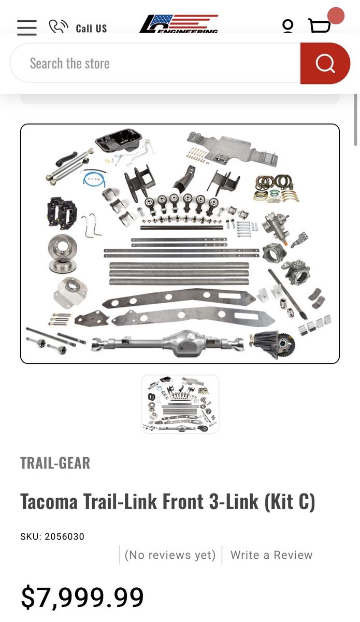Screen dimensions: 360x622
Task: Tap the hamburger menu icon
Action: pos(26,27)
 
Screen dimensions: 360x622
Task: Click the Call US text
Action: pos(91,29)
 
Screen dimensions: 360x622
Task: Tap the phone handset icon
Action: pos(59,26)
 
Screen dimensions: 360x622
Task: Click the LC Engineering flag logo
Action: pos(179,24)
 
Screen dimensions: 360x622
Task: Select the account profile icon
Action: pos(287,26)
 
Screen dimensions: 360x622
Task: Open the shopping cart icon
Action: pos(319,25)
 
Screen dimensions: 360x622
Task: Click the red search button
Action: pos(325,63)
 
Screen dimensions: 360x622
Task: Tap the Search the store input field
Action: pos(155,63)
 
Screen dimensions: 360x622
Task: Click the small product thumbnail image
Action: pos(180,404)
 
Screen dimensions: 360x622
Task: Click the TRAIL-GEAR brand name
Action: pos(55,463)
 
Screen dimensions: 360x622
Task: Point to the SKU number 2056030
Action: pos(64,536)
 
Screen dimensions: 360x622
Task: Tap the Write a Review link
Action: pos(271,555)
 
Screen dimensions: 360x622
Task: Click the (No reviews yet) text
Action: pos(170,555)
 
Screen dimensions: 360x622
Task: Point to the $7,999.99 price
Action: pos(82,597)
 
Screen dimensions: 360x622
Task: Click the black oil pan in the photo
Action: pos(119,140)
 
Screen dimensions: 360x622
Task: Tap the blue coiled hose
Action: pos(94,178)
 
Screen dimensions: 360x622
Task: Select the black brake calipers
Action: pos(62,211)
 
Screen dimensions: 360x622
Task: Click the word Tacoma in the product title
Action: pos(49,502)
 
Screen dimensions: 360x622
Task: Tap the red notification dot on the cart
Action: pos(336,16)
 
